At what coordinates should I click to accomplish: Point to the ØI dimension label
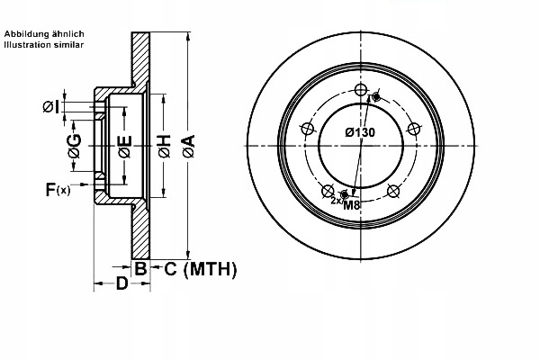[51, 107]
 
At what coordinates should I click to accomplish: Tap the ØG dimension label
[75, 143]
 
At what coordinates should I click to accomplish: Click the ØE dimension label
[125, 144]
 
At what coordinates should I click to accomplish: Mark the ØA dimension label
[188, 145]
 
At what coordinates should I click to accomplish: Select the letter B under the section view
[140, 268]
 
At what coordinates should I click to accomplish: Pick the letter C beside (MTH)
[169, 268]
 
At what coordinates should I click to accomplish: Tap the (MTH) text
[209, 268]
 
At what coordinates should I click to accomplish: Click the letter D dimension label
[121, 285]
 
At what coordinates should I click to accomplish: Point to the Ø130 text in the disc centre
[360, 132]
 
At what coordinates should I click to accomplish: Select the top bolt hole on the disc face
[362, 91]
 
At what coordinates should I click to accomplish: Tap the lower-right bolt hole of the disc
[392, 190]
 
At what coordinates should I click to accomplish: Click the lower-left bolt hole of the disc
[329, 190]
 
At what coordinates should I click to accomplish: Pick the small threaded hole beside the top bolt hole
[376, 97]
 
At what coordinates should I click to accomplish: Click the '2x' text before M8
[335, 200]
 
